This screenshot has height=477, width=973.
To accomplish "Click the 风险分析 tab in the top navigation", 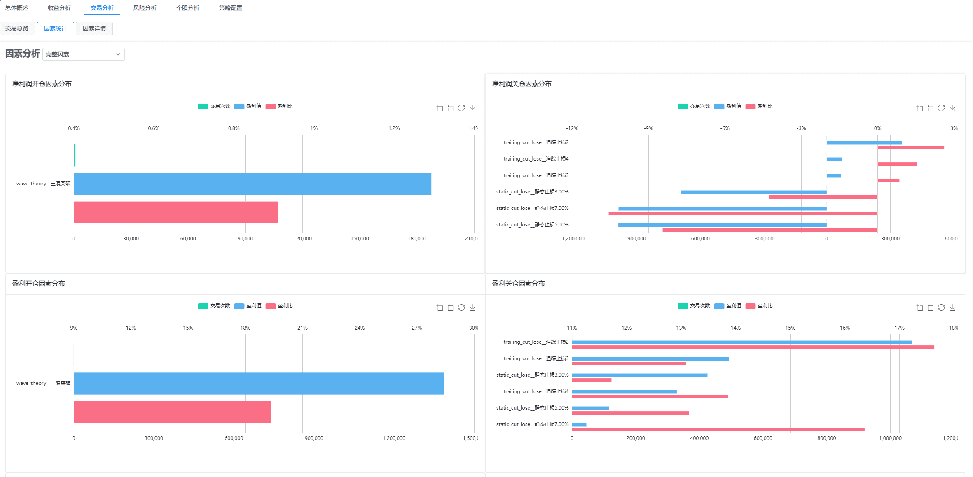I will point(145,8).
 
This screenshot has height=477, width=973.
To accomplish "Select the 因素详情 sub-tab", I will point(94,28).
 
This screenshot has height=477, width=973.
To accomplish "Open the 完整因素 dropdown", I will point(83,54).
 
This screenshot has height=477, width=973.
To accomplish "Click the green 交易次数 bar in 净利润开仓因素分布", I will point(75,155).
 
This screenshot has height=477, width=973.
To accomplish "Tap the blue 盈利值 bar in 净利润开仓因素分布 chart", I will point(252,184).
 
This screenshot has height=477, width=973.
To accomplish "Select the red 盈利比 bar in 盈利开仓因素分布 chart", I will point(172,412).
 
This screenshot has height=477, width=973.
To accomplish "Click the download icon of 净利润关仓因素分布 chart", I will point(952,108).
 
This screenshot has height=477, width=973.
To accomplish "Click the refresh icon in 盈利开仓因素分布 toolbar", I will point(461,307).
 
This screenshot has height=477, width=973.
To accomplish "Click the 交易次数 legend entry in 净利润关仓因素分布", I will point(694,106).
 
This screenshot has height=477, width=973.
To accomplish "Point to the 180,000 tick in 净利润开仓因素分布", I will point(416,239).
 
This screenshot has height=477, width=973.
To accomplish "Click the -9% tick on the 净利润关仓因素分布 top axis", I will point(648,128).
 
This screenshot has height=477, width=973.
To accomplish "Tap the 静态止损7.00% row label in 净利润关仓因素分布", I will point(532,208).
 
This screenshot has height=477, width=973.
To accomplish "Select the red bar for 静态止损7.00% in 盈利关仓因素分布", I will point(718,429).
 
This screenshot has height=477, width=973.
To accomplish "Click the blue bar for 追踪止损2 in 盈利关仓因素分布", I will point(741,342).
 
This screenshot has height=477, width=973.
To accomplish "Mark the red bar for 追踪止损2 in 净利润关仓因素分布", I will point(910,147).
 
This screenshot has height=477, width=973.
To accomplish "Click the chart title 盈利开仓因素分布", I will point(39,283).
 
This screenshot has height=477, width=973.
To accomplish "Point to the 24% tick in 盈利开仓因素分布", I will point(359,328).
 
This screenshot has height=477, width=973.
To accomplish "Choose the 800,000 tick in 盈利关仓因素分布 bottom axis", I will point(826,438).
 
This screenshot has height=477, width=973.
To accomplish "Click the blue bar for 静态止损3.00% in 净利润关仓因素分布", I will point(754,192).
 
